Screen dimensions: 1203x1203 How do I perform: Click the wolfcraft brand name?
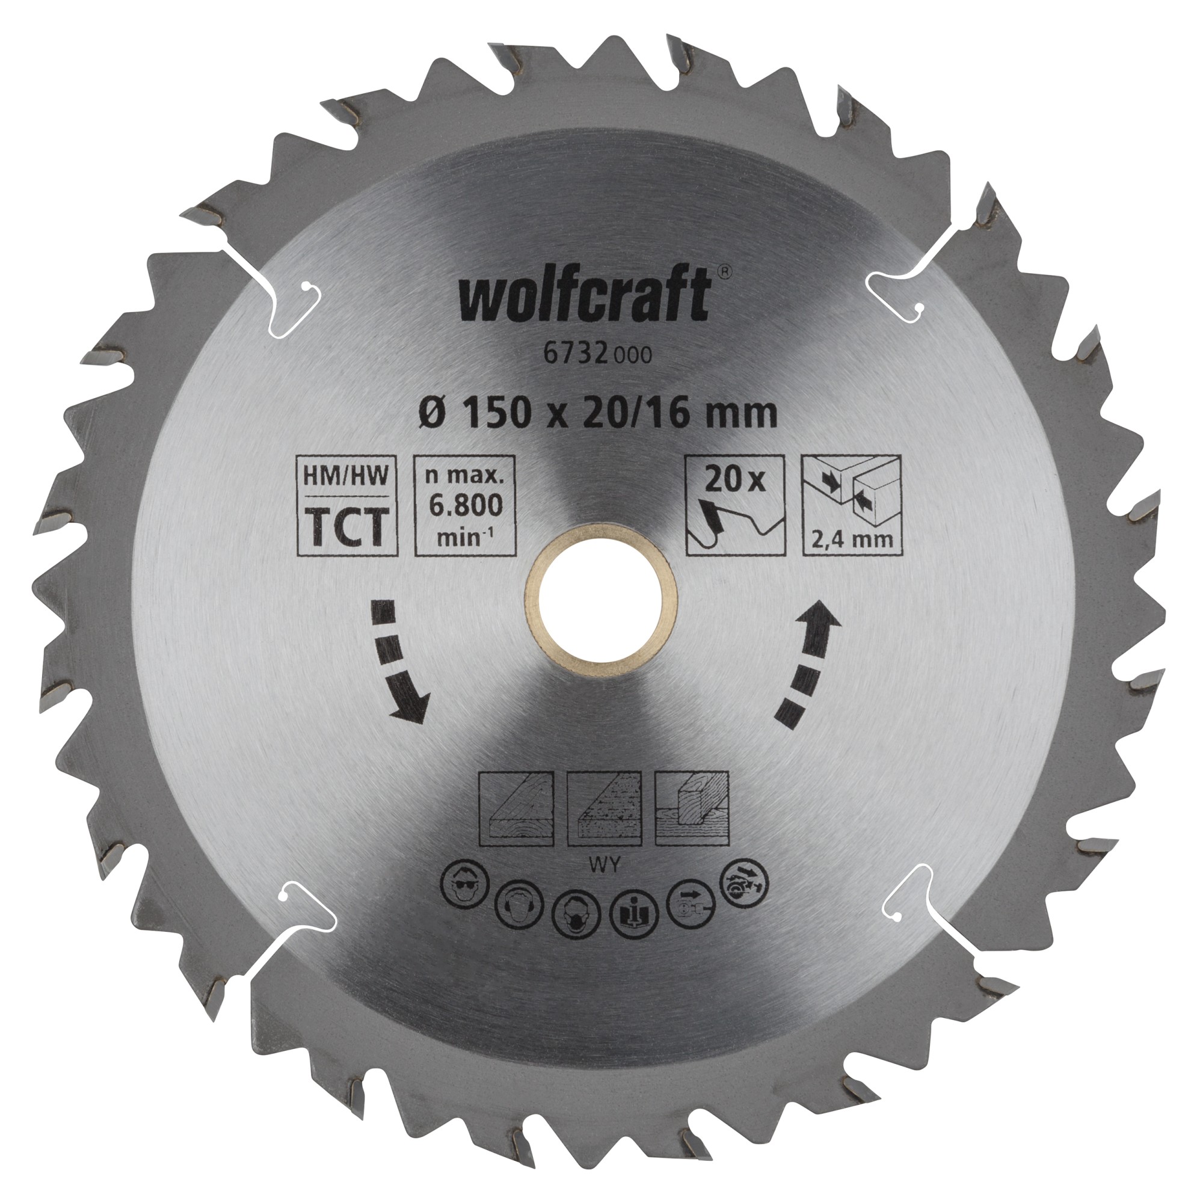point(585,298)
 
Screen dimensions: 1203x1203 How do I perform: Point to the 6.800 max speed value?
point(466,505)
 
